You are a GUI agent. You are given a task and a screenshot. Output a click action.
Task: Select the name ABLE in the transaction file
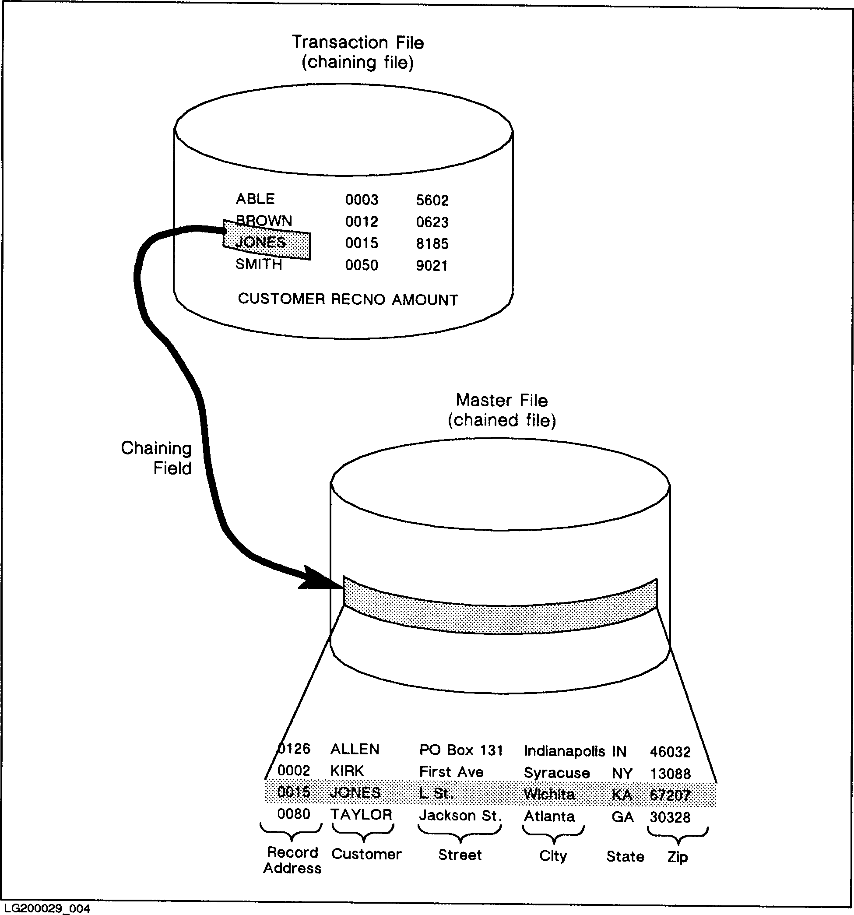click(x=255, y=199)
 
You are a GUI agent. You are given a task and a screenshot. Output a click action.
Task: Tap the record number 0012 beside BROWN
click(x=362, y=222)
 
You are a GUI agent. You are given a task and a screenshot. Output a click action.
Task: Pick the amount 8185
click(x=432, y=243)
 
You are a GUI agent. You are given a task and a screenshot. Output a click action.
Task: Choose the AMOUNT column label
click(x=425, y=299)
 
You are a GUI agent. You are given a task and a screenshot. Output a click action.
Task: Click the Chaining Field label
click(x=156, y=458)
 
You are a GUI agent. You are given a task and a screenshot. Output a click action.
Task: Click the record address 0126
click(x=294, y=749)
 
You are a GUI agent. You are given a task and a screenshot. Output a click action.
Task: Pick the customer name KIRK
click(x=347, y=771)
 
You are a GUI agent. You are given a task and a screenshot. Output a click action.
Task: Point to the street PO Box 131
click(x=461, y=750)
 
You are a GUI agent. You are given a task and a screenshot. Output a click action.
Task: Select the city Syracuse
click(x=557, y=772)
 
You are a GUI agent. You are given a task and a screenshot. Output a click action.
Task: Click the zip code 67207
click(x=670, y=795)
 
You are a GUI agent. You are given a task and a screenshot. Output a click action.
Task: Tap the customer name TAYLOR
click(x=361, y=815)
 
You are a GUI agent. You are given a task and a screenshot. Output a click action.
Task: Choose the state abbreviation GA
click(x=622, y=817)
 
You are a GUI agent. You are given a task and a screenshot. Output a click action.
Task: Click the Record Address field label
click(x=292, y=860)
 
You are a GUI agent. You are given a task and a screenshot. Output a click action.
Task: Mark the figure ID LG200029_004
click(x=45, y=908)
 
